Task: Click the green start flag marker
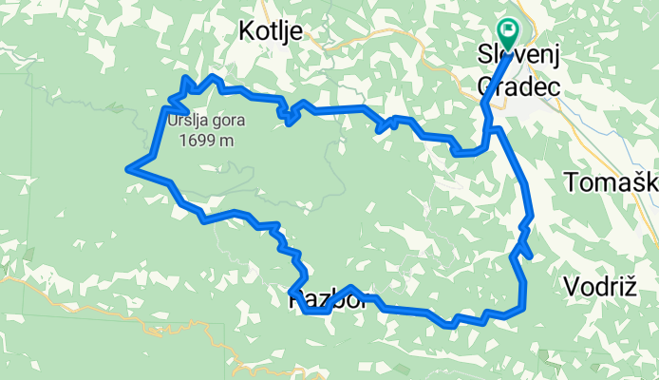508,35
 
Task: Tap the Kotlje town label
271,31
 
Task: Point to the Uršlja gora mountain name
206,121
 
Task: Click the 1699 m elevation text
206,141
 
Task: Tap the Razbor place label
322,301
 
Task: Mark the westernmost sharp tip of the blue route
128,170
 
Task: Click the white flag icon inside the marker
508,31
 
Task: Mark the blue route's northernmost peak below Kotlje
217,77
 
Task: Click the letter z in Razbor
319,301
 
